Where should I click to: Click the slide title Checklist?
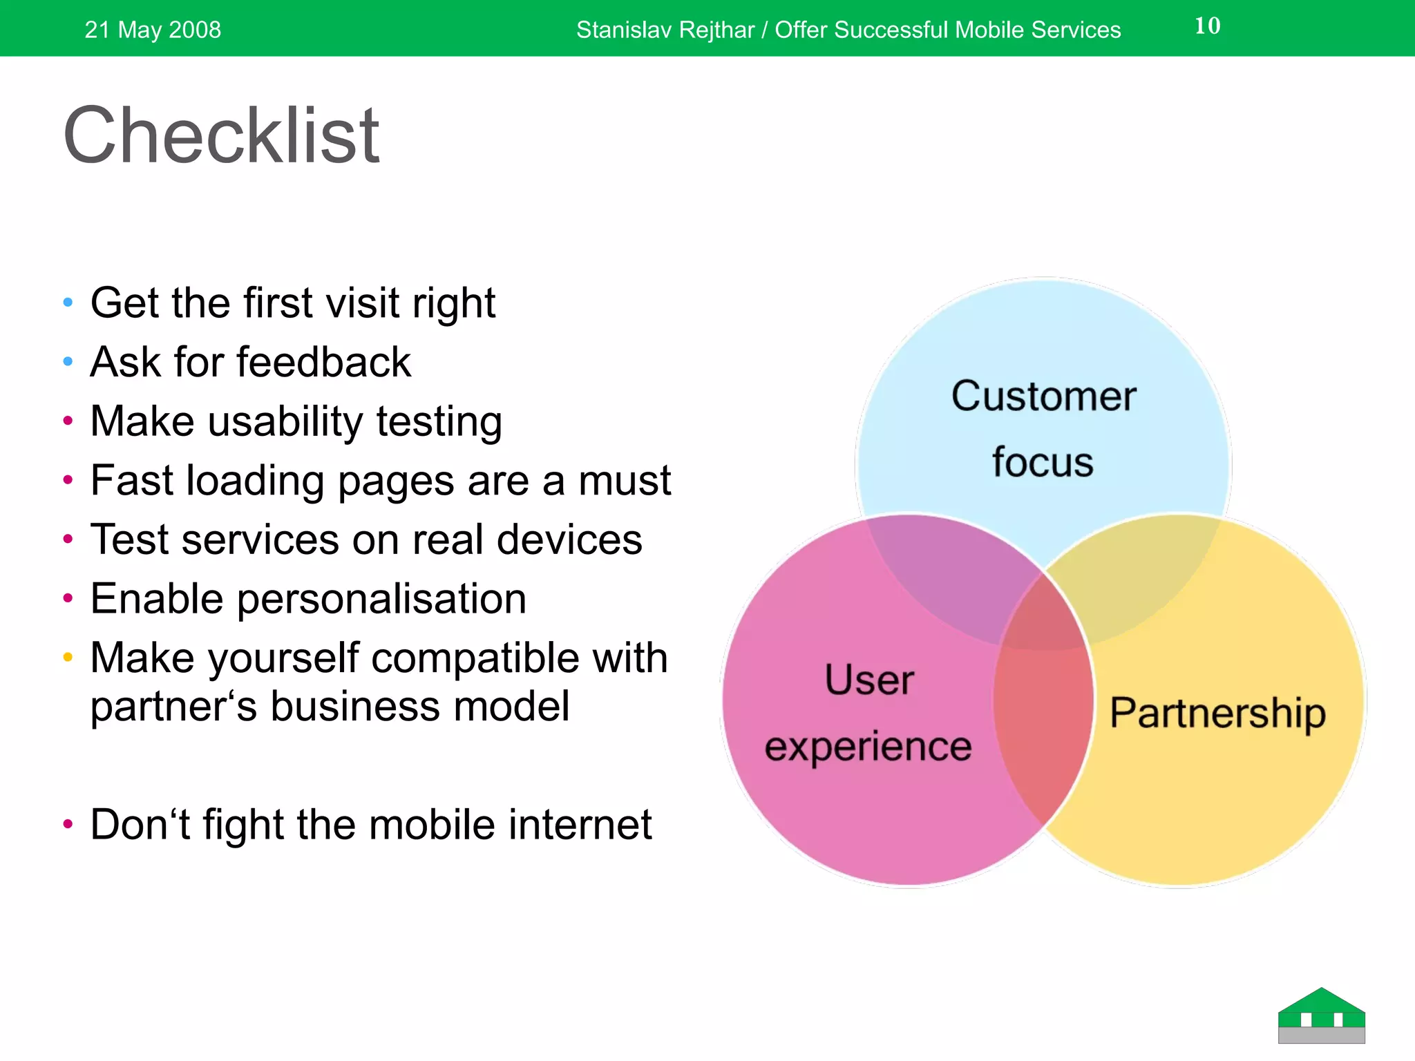pos(221,136)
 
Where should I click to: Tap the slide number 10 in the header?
pos(1207,26)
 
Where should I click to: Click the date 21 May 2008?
pos(153,30)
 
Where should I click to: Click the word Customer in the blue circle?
pos(1043,396)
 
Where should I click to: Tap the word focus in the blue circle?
pos(1043,462)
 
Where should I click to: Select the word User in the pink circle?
pos(869,680)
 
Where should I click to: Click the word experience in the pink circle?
pos(868,747)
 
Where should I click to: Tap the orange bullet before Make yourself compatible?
pos(68,657)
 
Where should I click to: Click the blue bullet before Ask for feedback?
pos(68,361)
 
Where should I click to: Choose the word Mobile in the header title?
pos(990,30)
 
